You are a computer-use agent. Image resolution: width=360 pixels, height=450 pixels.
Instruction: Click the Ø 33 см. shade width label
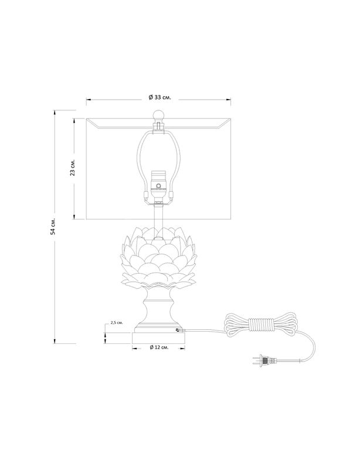coord(159,97)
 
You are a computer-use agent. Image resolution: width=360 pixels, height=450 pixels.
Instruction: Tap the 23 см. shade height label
coord(73,168)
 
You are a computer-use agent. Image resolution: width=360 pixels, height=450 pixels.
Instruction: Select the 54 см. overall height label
coord(53,226)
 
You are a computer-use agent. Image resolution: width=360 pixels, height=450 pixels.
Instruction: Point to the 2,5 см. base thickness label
coord(117,323)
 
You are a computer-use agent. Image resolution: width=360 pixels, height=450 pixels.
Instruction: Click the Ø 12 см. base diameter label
coord(159,347)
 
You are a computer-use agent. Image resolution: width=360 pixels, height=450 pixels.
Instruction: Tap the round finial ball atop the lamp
coord(158,115)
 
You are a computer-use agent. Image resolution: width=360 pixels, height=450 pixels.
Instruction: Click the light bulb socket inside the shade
coord(158,185)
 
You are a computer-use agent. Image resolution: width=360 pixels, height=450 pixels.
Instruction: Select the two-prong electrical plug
coord(264,360)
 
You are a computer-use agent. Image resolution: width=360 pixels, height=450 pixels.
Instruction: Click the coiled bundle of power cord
coord(260,324)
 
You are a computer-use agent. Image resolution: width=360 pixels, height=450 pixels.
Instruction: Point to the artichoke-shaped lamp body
coord(158,257)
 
